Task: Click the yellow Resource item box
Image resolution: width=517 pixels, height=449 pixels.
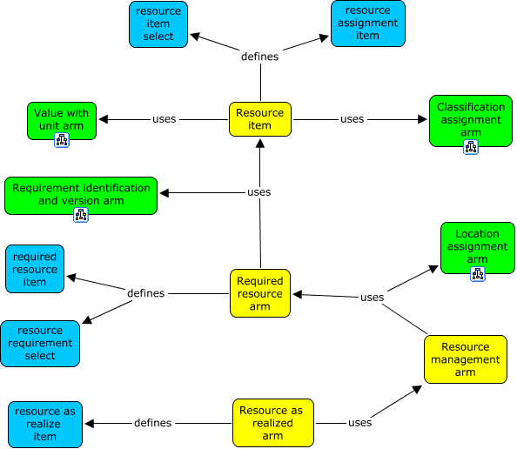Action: [259, 119]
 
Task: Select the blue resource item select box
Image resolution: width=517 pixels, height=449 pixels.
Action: [158, 23]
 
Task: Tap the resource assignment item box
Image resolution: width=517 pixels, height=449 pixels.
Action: [367, 23]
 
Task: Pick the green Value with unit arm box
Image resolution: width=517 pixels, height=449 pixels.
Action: [62, 119]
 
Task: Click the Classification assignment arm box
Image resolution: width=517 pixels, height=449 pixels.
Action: [471, 120]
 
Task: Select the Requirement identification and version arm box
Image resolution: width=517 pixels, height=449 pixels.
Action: [81, 195]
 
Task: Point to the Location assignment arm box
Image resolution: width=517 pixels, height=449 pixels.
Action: [477, 247]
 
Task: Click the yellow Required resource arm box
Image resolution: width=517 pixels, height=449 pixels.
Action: [260, 293]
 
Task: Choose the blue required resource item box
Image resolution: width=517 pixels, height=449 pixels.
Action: [35, 269]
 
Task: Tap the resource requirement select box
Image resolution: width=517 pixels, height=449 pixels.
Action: [40, 343]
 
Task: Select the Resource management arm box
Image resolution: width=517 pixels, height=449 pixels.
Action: [465, 359]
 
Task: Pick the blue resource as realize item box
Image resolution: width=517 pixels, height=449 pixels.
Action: [45, 424]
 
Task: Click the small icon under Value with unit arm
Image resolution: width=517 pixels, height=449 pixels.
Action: [62, 140]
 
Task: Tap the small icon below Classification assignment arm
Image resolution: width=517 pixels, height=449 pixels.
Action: [471, 147]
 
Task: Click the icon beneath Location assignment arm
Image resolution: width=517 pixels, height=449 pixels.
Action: [477, 274]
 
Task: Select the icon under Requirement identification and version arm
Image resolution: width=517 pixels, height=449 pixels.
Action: [81, 215]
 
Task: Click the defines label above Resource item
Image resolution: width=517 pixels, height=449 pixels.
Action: [259, 57]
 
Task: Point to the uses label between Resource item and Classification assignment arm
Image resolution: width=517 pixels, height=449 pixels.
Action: [352, 119]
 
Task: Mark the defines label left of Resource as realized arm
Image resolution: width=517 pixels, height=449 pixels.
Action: [152, 423]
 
